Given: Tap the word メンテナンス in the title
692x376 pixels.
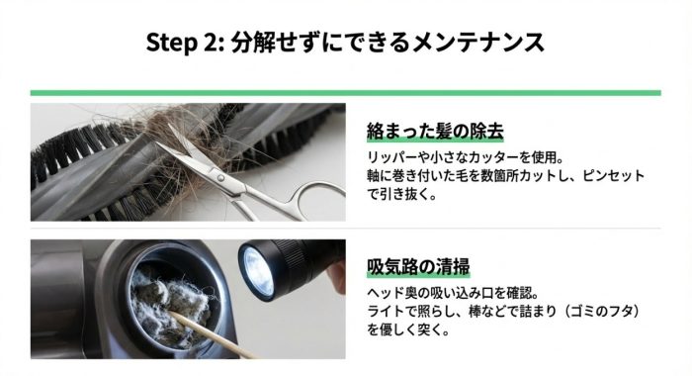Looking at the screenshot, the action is [x=478, y=43].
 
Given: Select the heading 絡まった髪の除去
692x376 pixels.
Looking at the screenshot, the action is [x=435, y=132].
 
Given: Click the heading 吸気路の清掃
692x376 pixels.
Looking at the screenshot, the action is [x=418, y=267].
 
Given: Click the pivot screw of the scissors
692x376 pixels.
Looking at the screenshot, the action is [x=220, y=178].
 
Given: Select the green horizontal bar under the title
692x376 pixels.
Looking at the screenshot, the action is [x=346, y=93].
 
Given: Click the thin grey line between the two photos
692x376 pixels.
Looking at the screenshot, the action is [x=346, y=229].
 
